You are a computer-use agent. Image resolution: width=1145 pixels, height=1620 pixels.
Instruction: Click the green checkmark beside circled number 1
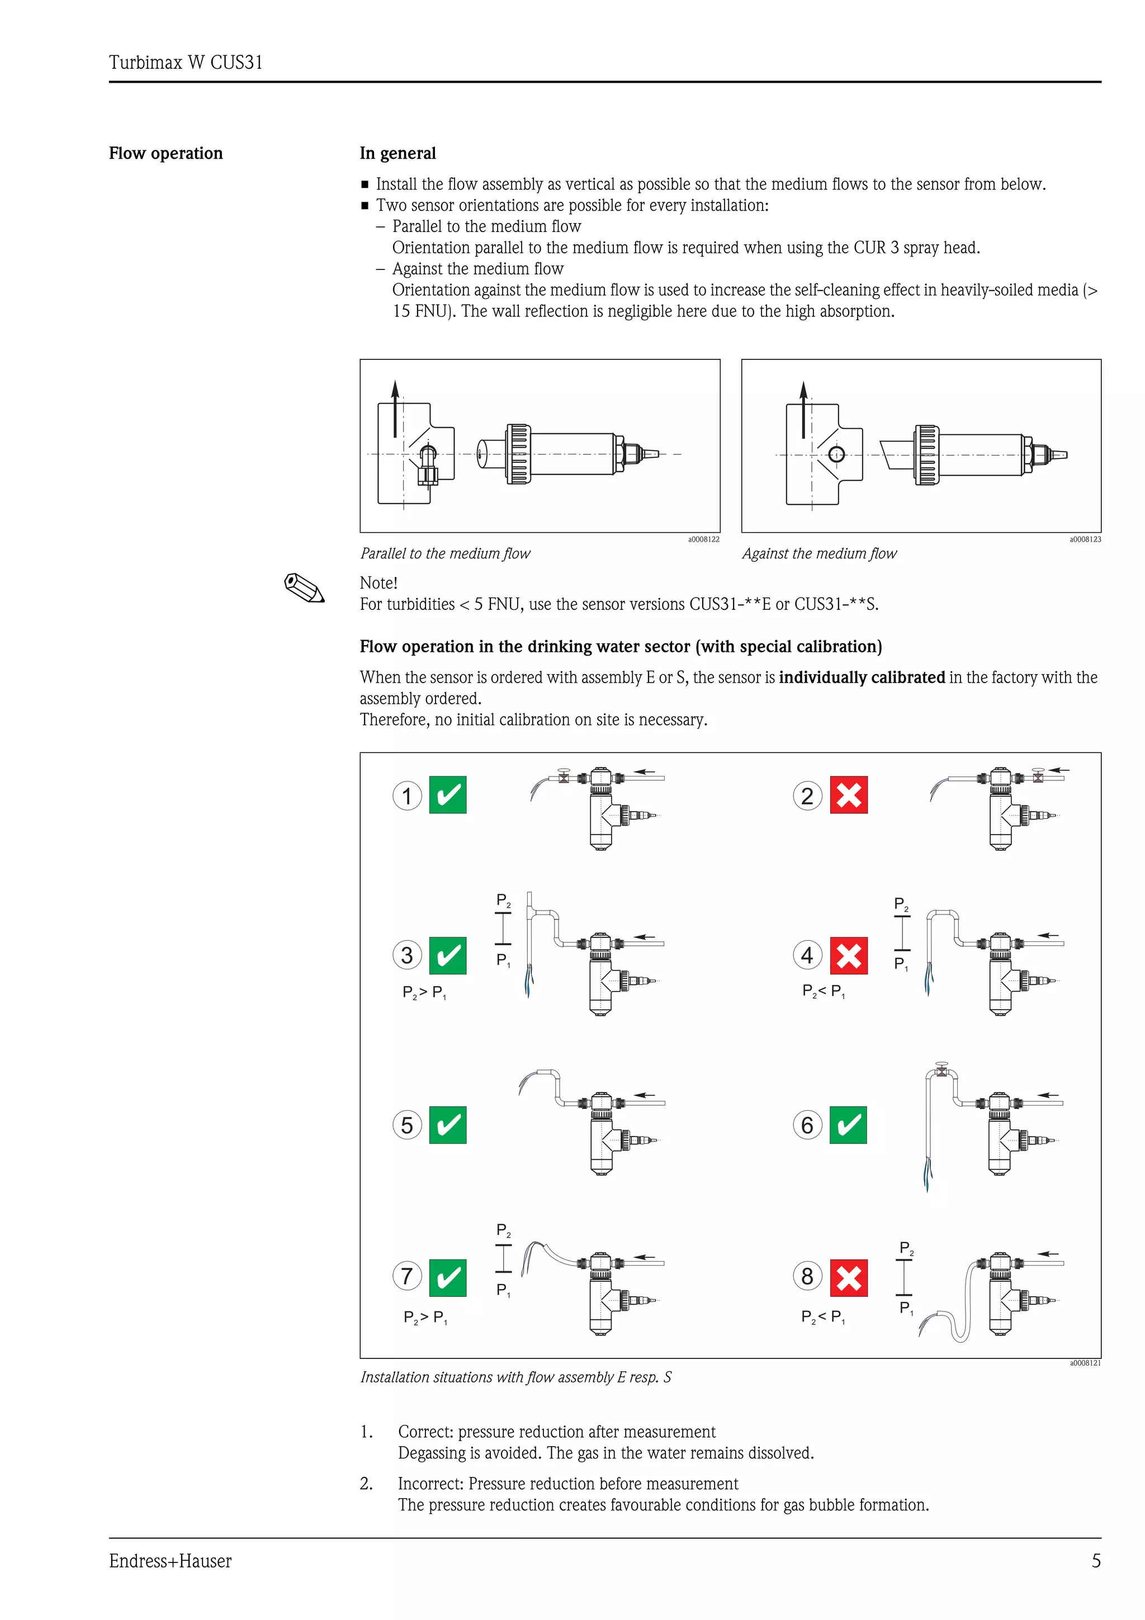coord(448,795)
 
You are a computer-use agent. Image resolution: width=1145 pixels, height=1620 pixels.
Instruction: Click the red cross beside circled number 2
coord(848,795)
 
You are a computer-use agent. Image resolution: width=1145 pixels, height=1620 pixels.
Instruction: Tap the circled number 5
coord(407,1125)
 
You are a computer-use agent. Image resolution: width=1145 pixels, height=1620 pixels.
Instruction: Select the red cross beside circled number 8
coord(848,1278)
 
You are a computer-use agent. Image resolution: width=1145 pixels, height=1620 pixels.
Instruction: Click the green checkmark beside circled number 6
coord(848,1125)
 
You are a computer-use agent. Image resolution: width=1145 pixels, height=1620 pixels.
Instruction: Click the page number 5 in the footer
coord(1096,1561)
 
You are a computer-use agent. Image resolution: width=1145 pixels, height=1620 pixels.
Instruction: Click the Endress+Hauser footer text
coord(170,1561)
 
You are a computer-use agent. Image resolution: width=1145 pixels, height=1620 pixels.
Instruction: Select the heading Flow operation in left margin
coord(166,153)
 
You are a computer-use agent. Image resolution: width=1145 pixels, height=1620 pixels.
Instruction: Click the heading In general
coord(398,153)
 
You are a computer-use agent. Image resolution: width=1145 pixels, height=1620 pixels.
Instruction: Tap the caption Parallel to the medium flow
coord(445,554)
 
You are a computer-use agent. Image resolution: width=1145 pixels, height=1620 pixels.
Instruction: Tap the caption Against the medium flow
coord(819,554)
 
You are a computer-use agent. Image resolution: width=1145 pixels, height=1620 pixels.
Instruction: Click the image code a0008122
coord(703,539)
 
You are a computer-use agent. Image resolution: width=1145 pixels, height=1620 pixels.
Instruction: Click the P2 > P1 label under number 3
coord(424,992)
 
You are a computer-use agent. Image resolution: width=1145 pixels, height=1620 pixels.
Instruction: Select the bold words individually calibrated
coord(862,678)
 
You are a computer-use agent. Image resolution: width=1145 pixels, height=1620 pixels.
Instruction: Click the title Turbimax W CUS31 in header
coord(186,63)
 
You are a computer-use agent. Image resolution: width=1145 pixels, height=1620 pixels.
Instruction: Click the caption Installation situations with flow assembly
coord(515,1377)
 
